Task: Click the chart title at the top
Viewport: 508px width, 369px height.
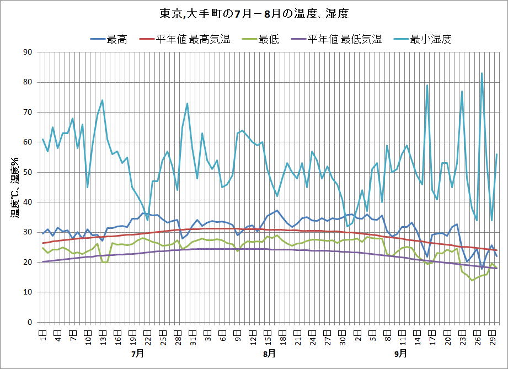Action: coord(253,13)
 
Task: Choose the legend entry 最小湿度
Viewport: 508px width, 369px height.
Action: coord(431,39)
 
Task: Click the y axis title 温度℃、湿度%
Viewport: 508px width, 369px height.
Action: coord(15,188)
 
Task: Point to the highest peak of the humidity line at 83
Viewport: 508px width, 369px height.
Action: coord(482,73)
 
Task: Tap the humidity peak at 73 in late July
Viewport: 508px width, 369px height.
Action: coord(188,103)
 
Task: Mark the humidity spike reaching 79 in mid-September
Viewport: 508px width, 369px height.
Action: coord(427,85)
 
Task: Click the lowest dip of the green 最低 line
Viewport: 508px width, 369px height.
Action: coord(472,280)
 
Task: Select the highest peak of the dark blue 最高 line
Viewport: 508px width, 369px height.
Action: coord(277,211)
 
